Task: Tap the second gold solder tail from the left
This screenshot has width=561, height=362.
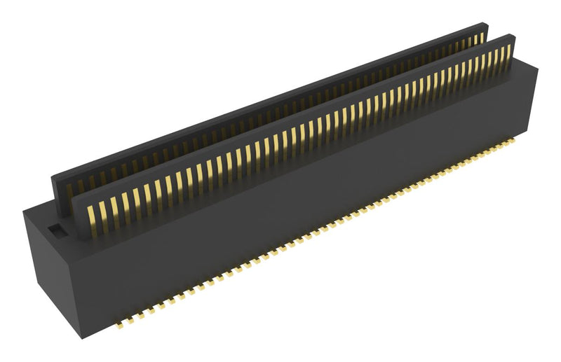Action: pyautogui.click(x=138, y=321)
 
